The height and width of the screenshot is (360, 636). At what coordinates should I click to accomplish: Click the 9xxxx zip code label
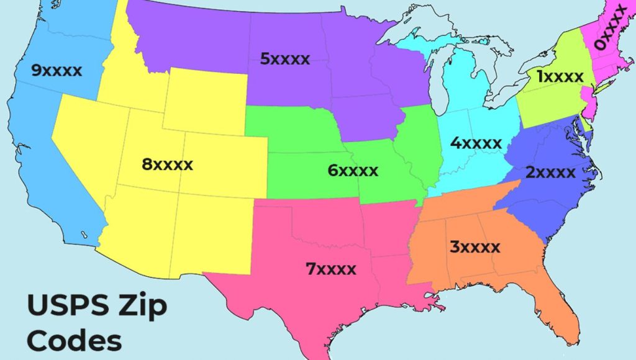click(57, 71)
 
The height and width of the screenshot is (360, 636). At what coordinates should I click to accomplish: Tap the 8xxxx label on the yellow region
click(167, 165)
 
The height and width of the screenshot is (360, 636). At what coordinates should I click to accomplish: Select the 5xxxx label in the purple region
click(285, 60)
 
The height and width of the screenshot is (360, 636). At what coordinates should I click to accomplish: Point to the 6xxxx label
click(353, 170)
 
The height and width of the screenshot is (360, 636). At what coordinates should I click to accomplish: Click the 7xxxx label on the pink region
click(331, 269)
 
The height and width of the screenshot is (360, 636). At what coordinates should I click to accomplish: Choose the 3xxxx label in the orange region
click(475, 247)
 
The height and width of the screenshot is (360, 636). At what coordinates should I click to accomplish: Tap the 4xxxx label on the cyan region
click(476, 143)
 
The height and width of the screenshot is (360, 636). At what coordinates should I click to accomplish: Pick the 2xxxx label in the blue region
click(550, 173)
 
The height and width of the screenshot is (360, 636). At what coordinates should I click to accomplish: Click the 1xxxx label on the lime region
click(560, 77)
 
